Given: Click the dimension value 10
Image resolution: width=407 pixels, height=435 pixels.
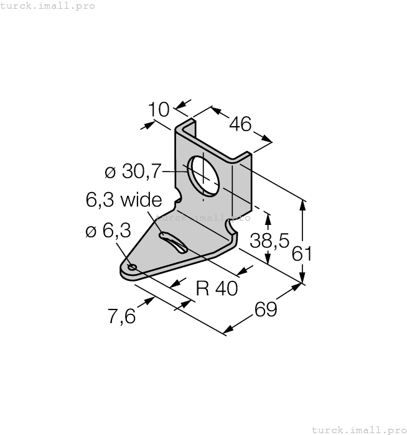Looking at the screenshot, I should pyautogui.click(x=159, y=110).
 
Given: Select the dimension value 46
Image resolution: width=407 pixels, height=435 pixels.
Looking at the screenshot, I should pyautogui.click(x=240, y=124).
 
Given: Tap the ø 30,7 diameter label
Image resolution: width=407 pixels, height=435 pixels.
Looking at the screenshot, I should pyautogui.click(x=133, y=170).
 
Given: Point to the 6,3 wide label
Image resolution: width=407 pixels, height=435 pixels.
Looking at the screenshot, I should pyautogui.click(x=123, y=199).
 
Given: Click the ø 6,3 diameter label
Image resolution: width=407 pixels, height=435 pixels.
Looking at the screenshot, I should pyautogui.click(x=108, y=231).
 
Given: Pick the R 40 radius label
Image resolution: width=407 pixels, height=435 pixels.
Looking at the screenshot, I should pyautogui.click(x=217, y=288).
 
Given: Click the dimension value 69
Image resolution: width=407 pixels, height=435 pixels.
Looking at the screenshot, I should pyautogui.click(x=265, y=309).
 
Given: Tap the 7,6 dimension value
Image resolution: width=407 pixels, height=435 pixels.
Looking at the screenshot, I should pyautogui.click(x=121, y=316).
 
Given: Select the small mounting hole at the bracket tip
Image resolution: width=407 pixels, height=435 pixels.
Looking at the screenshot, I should pyautogui.click(x=131, y=268).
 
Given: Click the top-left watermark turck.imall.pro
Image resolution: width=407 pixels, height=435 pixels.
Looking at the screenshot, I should pyautogui.click(x=48, y=6).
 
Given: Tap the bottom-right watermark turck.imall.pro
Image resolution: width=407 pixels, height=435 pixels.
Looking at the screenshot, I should pyautogui.click(x=358, y=429).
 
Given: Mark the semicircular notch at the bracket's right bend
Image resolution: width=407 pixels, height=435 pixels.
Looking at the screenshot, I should pyautogui.click(x=232, y=231).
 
